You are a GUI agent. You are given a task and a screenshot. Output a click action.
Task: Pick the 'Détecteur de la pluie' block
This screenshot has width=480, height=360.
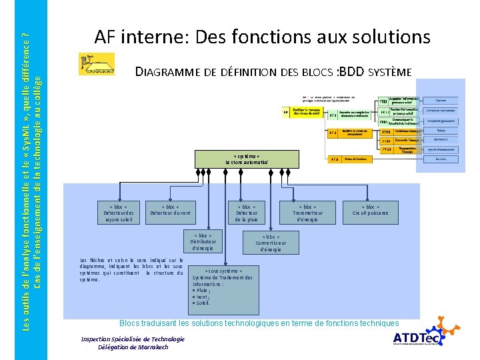[x=246, y=212]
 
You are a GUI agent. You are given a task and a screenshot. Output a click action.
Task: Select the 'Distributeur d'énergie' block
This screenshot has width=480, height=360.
[x=201, y=242]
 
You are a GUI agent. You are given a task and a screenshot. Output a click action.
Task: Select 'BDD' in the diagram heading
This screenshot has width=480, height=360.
[x=353, y=71]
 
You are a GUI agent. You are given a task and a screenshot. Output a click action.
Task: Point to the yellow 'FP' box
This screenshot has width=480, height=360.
[x=286, y=113]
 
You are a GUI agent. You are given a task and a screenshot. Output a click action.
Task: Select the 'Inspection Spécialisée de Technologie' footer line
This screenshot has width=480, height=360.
[x=133, y=339]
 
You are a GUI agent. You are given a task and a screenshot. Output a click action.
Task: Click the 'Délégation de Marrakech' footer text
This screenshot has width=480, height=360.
[x=132, y=347]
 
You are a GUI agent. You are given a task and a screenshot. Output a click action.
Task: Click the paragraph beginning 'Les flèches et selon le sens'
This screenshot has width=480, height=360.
[x=131, y=269]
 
